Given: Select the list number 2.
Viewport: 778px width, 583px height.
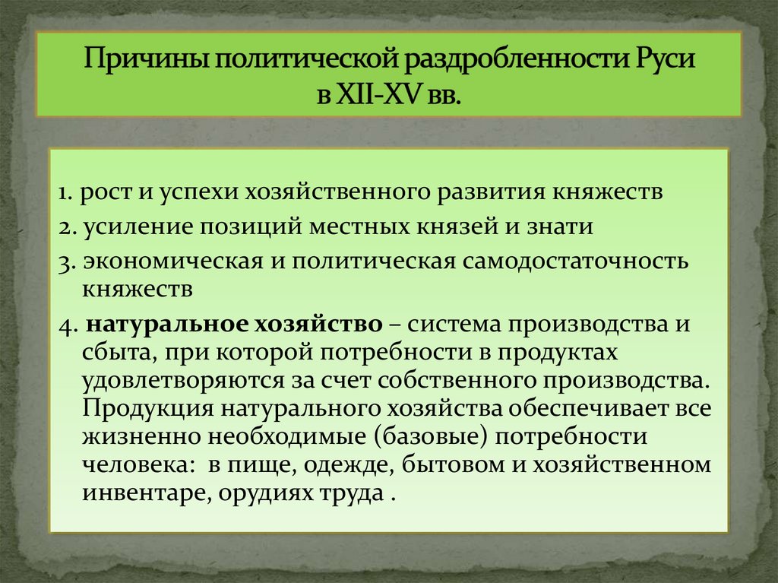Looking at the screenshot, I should coord(65,227).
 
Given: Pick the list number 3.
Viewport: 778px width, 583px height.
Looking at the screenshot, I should coord(65,261).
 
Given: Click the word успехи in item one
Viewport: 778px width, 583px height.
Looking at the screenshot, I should coord(199,192).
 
